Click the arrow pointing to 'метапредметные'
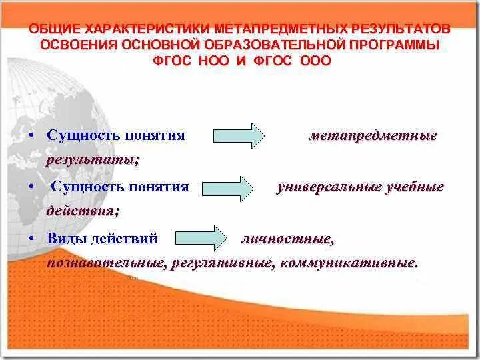point(239,136)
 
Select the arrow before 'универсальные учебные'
point(227,187)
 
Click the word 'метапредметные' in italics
point(373,136)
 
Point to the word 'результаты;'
point(93,160)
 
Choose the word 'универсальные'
point(328,187)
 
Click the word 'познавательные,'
point(105,263)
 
